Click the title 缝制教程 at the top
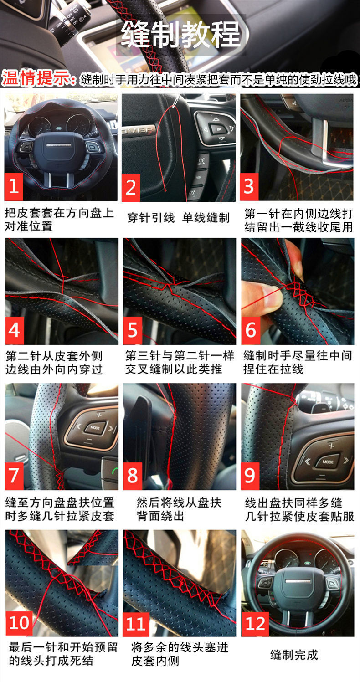tap(181, 34)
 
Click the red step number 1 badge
tap(15, 186)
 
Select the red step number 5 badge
tap(133, 330)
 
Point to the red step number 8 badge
tap(133, 475)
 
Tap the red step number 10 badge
tap(19, 622)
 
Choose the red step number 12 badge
tap(256, 622)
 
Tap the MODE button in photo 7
tap(95, 428)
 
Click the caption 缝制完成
tap(294, 655)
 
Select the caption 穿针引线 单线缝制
tap(178, 218)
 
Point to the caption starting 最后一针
tap(63, 654)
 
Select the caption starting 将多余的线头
tap(180, 654)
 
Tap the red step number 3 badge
tap(249, 186)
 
